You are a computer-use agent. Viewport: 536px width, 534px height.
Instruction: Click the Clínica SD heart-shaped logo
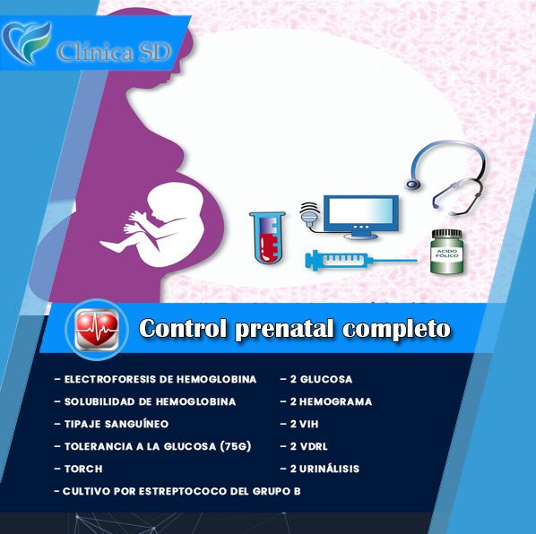click(26, 42)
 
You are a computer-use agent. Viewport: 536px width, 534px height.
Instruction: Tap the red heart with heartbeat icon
click(97, 330)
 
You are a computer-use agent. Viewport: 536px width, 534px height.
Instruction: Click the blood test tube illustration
click(267, 237)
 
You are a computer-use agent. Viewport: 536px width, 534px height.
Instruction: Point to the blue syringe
click(360, 261)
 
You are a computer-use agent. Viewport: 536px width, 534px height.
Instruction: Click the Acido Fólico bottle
click(446, 252)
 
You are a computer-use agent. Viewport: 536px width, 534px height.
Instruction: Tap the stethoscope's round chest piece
click(413, 185)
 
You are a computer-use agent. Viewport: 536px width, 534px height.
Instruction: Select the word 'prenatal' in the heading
click(284, 329)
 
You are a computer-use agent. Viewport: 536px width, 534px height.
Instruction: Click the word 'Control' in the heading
click(183, 328)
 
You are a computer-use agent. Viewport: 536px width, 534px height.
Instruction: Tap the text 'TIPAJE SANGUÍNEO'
click(117, 424)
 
